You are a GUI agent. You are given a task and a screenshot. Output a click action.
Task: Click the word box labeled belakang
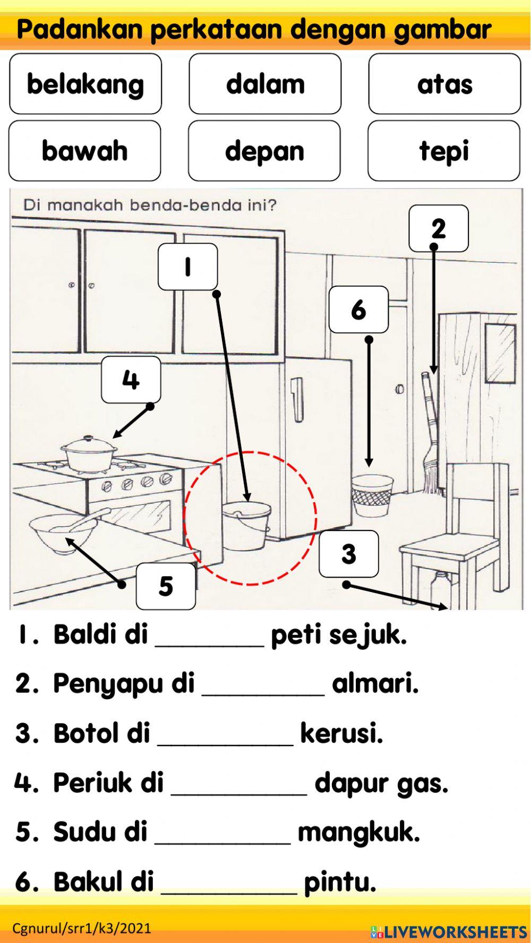click(85, 84)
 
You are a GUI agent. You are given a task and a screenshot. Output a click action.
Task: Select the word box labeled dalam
click(265, 84)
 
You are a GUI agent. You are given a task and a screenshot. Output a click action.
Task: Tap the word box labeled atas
click(444, 84)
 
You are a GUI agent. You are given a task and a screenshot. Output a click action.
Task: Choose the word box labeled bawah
click(84, 151)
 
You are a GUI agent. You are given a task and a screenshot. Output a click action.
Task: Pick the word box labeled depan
click(264, 151)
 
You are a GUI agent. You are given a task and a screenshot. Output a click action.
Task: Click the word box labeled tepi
click(444, 151)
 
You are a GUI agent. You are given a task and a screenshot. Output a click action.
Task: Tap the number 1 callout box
click(187, 267)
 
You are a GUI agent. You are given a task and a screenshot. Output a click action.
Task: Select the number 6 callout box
click(358, 310)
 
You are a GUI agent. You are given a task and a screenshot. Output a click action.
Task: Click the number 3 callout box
click(349, 554)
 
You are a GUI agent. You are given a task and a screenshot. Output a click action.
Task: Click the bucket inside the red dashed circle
click(246, 526)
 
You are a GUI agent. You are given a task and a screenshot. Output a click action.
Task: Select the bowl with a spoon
click(63, 533)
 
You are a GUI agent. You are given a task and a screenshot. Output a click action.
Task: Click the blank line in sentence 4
click(238, 785)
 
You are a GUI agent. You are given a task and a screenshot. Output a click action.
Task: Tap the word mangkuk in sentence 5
click(358, 832)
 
